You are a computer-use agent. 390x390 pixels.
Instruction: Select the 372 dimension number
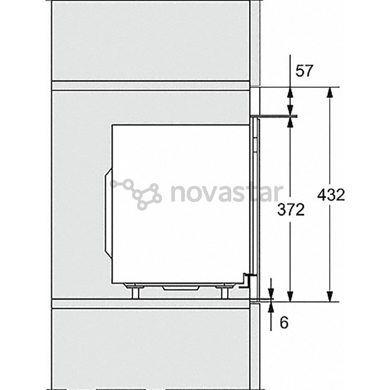click(x=291, y=209)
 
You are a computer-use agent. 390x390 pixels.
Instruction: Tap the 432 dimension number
click(x=331, y=194)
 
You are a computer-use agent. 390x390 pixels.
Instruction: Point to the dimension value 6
click(x=284, y=323)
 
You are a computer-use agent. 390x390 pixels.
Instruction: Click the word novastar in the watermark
click(x=227, y=193)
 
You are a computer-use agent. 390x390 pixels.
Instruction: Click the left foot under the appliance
click(x=135, y=291)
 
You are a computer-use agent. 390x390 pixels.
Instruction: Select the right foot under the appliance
click(x=225, y=291)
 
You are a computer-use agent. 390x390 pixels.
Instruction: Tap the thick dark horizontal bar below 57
click(x=274, y=116)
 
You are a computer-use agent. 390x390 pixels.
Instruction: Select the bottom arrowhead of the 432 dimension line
click(x=330, y=296)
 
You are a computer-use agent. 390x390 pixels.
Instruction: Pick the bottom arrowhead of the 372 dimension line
click(x=290, y=296)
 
